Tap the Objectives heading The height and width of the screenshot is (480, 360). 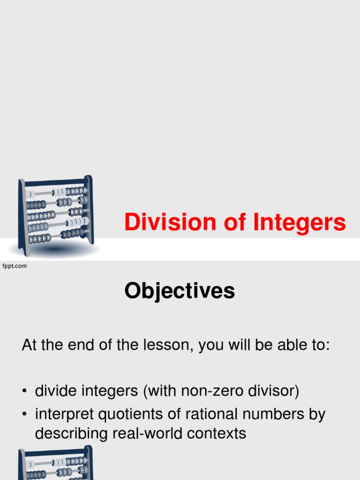(x=180, y=292)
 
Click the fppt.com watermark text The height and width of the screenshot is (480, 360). (x=15, y=266)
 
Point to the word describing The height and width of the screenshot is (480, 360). (x=72, y=434)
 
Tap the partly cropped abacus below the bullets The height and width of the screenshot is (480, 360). (x=55, y=463)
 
